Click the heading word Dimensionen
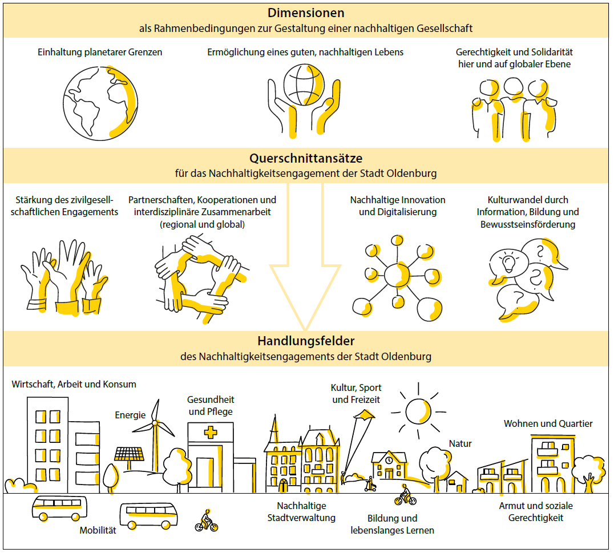(x=306, y=13)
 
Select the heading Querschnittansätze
(x=306, y=158)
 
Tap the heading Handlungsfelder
(x=306, y=341)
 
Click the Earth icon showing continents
(x=100, y=103)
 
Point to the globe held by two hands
(x=304, y=84)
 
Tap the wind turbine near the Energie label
(x=155, y=435)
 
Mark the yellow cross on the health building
(x=211, y=433)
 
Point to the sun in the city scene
(x=418, y=411)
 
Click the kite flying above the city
(x=365, y=415)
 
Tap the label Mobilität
(x=98, y=530)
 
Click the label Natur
(x=460, y=444)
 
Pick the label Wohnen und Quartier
(x=548, y=423)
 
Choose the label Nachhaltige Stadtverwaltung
(x=301, y=512)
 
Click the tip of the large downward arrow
(x=305, y=330)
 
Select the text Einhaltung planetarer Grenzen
(x=100, y=52)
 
